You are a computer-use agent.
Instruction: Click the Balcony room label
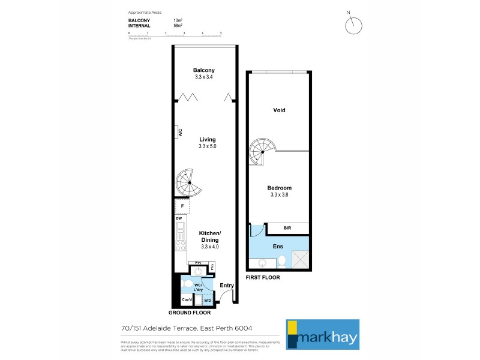(x=204, y=70)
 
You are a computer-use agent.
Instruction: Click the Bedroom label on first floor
(x=279, y=188)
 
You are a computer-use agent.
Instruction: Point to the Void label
(x=279, y=110)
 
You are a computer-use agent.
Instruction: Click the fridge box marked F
(x=182, y=206)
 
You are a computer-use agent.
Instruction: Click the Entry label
(x=226, y=285)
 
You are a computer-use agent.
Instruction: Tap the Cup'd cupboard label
(x=187, y=300)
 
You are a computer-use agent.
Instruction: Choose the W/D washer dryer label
(x=208, y=300)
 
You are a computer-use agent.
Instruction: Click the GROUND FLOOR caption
(x=190, y=313)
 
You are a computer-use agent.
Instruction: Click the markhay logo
(x=322, y=334)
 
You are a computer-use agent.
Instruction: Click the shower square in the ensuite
(x=299, y=260)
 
